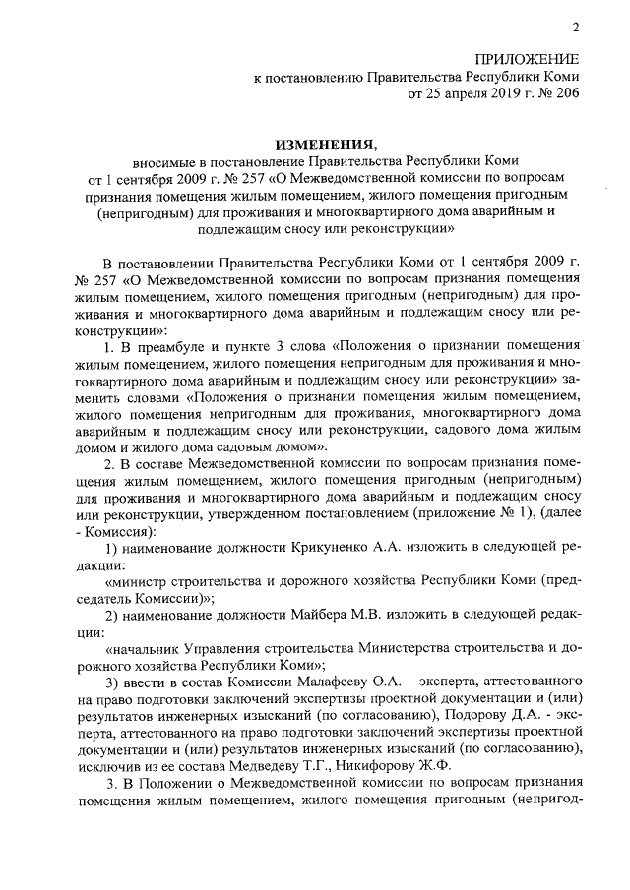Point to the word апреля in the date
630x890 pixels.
point(451,95)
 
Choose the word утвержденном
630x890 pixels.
point(274,516)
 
